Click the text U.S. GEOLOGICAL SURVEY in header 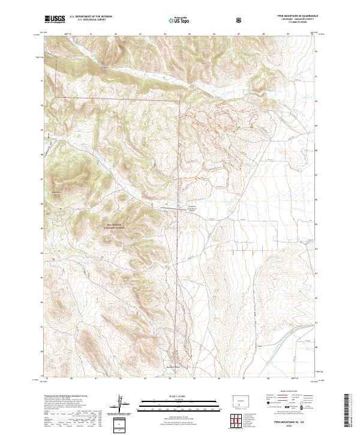(x=88, y=21)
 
